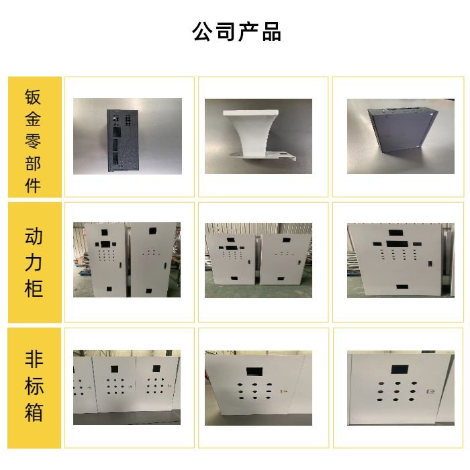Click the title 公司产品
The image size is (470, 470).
pos(236,32)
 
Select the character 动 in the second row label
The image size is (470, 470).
pos(34,236)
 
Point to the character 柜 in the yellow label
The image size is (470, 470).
pos(34,289)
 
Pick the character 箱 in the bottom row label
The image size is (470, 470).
pos(34,412)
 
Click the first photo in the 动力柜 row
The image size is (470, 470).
pos(127,260)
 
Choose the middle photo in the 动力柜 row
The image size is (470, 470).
pos(258,260)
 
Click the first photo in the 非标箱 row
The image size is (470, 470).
pos(127,387)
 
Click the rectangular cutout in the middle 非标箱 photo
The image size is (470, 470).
pos(255,370)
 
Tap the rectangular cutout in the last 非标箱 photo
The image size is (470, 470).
pos(399,369)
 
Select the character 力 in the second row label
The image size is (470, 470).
pos(34,263)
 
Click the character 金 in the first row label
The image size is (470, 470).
pos(34,119)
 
